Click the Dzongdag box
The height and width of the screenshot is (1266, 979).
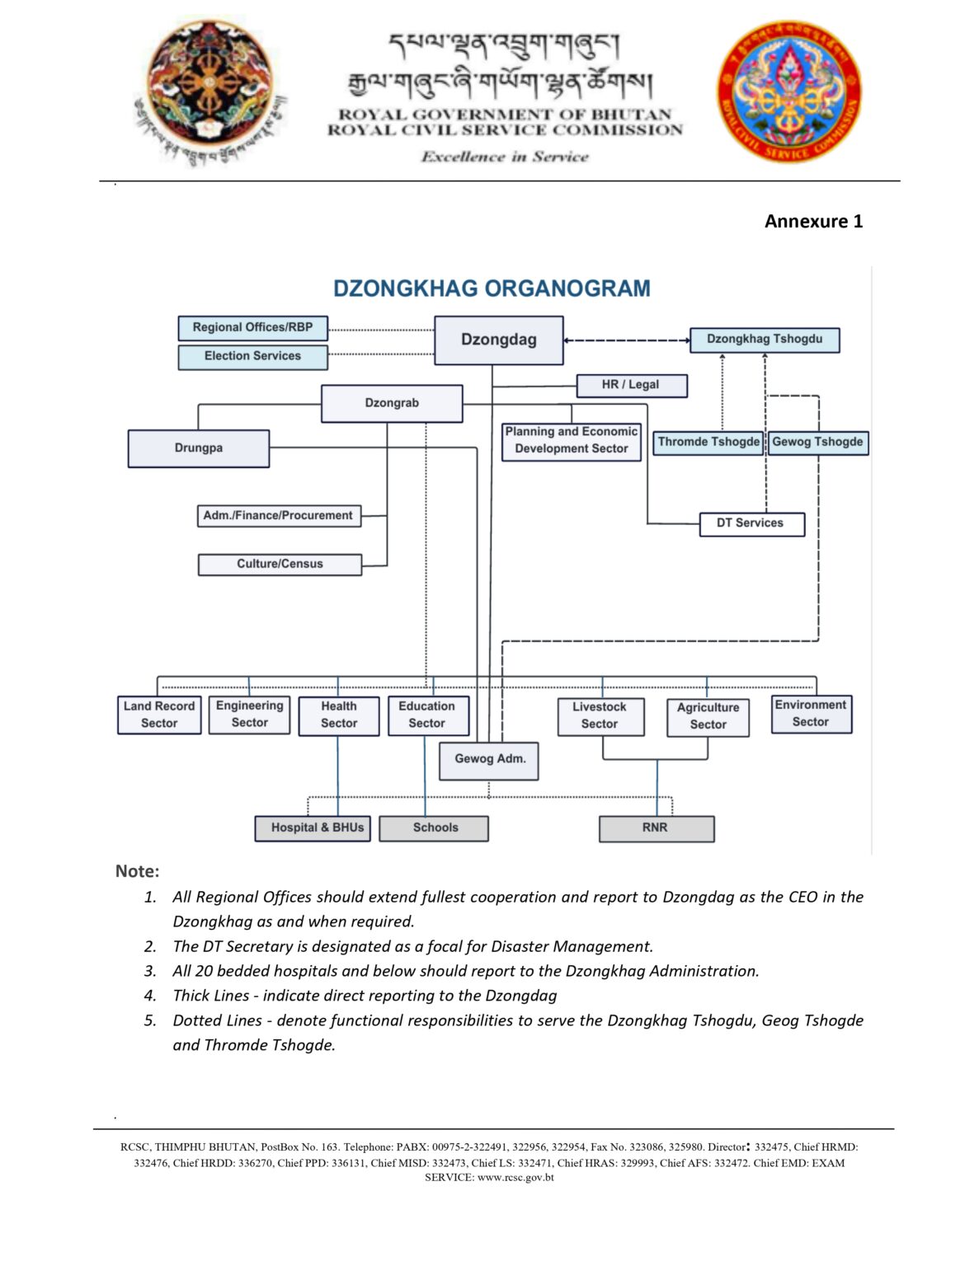[x=499, y=340]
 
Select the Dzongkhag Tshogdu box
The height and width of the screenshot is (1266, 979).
[x=764, y=340]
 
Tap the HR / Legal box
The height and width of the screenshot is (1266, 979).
[x=631, y=385]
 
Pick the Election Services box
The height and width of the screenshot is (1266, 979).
[x=252, y=356]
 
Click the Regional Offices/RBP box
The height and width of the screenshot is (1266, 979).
[x=252, y=327]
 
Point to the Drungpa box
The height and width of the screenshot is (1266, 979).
[x=198, y=448]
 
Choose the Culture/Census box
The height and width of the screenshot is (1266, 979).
[x=280, y=564]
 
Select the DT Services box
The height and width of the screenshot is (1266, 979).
[x=751, y=523]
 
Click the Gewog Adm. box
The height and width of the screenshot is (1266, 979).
[x=490, y=759]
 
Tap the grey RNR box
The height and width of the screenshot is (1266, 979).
[x=656, y=828]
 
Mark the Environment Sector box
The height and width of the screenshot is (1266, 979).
[x=811, y=714]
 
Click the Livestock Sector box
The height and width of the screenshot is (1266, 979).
[x=600, y=715]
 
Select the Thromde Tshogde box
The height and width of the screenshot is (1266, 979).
[x=708, y=442]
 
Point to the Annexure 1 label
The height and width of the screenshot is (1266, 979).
[x=813, y=221]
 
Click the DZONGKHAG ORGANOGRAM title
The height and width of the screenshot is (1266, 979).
[x=492, y=288]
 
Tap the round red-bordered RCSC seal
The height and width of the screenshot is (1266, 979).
[x=788, y=93]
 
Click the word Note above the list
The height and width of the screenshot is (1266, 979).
[x=137, y=871]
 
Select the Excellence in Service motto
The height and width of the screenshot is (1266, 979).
[x=505, y=157]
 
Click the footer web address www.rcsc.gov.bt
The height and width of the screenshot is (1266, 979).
[x=515, y=1178]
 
